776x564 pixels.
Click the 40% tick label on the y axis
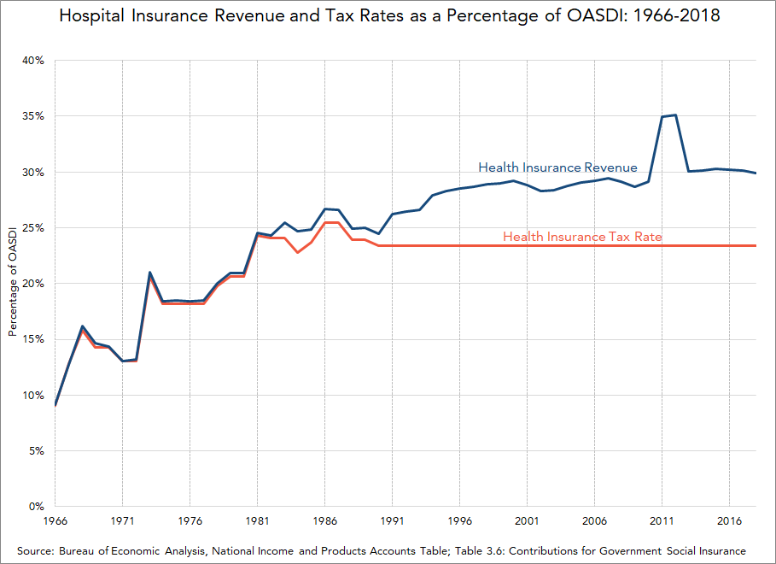[33, 61]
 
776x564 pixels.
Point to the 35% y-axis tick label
[33, 116]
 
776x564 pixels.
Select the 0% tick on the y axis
[36, 507]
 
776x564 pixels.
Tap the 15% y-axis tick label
[33, 339]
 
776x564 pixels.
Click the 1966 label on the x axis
[55, 520]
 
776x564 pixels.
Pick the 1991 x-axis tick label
[392, 520]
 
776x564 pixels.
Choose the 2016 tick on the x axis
[729, 520]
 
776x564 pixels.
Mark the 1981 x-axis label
[257, 520]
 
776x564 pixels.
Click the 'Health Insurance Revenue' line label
[557, 167]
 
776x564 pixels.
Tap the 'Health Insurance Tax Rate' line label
[582, 236]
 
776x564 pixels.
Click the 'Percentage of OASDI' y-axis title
[13, 283]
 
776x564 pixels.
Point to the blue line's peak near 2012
[675, 115]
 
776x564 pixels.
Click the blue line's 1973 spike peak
[149, 273]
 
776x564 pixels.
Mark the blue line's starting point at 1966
[55, 405]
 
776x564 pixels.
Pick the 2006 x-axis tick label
[594, 520]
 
